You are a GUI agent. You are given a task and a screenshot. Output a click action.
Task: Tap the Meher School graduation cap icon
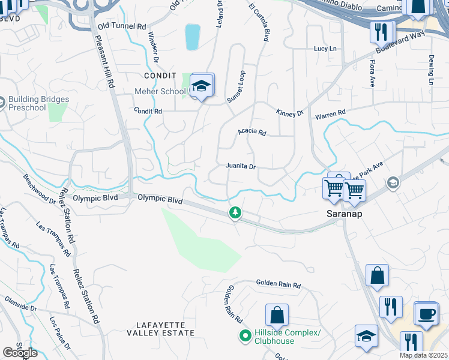[x=202, y=85]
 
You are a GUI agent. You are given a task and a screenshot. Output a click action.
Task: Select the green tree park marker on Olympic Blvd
[x=235, y=212]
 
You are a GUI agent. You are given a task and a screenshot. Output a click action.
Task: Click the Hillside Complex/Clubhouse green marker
[x=245, y=336]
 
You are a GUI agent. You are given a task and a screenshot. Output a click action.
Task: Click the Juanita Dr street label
[x=241, y=166]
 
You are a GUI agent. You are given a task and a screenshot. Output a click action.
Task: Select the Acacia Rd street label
[x=252, y=132]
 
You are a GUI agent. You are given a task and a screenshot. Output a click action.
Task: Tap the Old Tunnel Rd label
[x=122, y=26]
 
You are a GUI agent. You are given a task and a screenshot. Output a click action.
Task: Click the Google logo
[x=20, y=353]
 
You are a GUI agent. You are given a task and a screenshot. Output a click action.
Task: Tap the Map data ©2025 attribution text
[x=423, y=355]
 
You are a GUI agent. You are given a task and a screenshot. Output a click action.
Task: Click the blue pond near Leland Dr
[x=192, y=37]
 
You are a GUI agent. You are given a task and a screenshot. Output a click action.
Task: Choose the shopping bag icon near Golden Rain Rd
[x=277, y=315]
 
